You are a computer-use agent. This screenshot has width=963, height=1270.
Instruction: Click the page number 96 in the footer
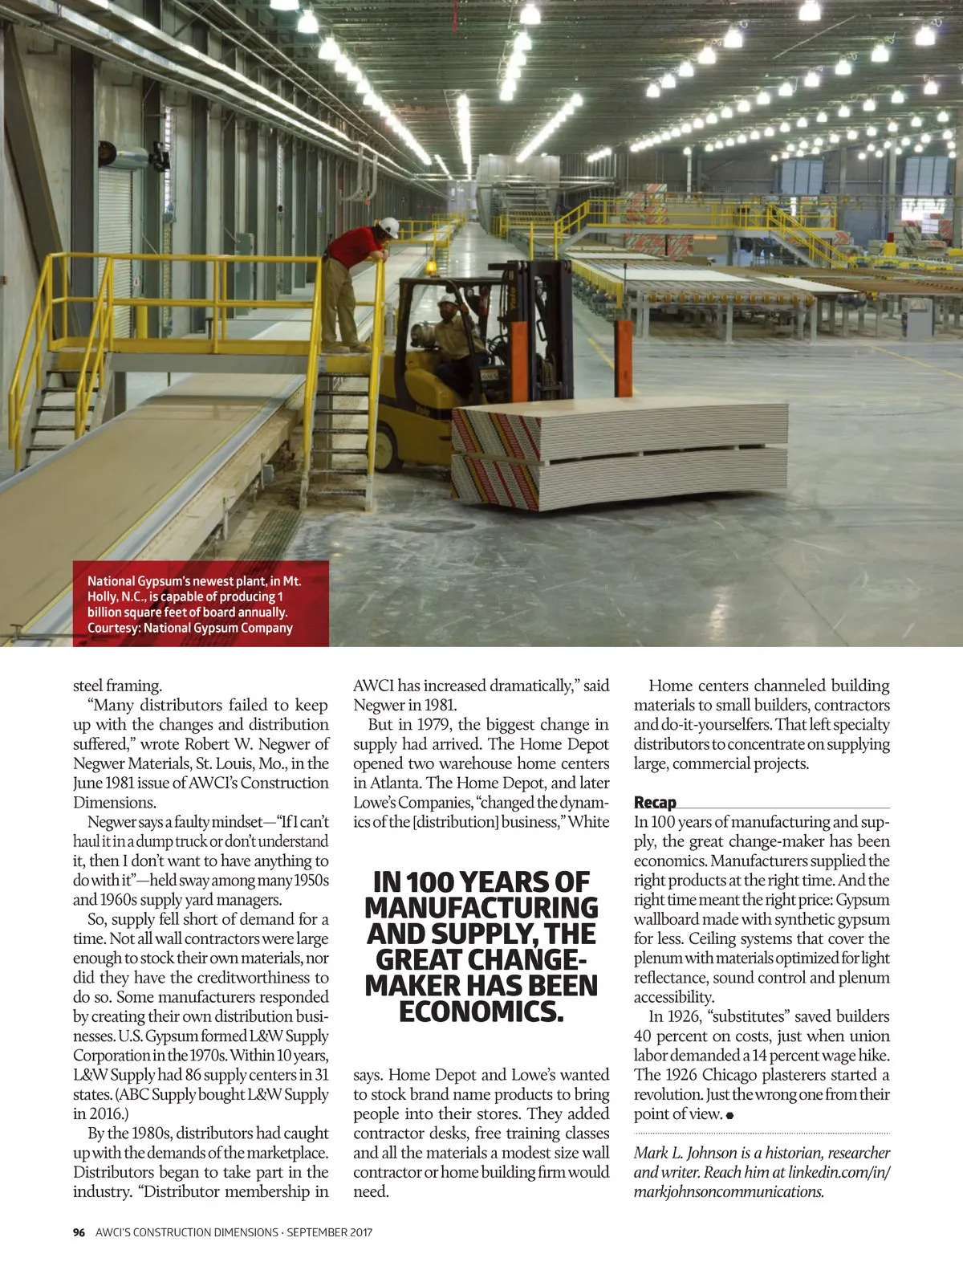[x=79, y=1232]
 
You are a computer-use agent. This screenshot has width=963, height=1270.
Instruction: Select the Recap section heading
[x=655, y=802]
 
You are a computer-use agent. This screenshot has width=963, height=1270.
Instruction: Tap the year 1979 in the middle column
[x=433, y=725]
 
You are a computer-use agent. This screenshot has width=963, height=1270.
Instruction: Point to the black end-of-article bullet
[x=730, y=1115]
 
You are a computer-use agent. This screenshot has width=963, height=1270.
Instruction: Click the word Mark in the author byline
[x=650, y=1153]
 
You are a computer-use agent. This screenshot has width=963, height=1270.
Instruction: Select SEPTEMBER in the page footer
[x=317, y=1232]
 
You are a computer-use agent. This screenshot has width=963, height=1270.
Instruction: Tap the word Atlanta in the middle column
[x=396, y=783]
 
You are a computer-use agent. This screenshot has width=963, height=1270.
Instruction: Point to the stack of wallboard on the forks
[x=618, y=458]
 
